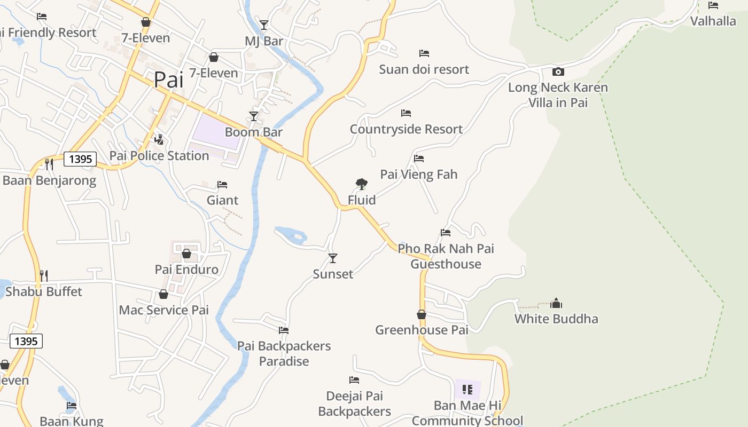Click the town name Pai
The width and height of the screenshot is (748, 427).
tap(168, 80)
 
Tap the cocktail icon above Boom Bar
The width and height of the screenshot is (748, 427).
tap(254, 116)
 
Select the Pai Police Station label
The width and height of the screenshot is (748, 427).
tap(159, 156)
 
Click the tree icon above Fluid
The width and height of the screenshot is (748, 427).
tap(362, 184)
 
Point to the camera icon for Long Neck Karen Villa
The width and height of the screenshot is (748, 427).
tap(558, 72)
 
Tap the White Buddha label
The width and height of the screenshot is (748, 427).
tap(556, 319)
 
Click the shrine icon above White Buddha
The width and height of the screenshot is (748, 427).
tap(556, 303)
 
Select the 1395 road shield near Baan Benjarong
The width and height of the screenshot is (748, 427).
tap(80, 159)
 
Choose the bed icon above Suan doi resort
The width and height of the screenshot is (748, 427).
tap(424, 53)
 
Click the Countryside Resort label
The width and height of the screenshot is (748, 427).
tap(406, 129)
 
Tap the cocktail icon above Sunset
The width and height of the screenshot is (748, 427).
tap(333, 258)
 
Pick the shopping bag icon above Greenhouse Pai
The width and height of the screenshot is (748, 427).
tap(422, 314)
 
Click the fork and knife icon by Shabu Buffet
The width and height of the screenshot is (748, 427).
tap(44, 276)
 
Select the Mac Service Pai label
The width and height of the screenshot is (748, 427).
tap(164, 310)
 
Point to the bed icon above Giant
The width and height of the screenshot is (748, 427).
tap(222, 185)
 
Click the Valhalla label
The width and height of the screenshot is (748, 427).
tap(713, 21)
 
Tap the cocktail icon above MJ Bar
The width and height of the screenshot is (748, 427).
tap(264, 25)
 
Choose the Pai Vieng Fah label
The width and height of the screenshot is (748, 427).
tap(419, 175)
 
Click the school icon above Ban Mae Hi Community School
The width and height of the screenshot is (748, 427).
tap(467, 390)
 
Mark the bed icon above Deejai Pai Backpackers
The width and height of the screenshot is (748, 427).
tap(354, 380)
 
